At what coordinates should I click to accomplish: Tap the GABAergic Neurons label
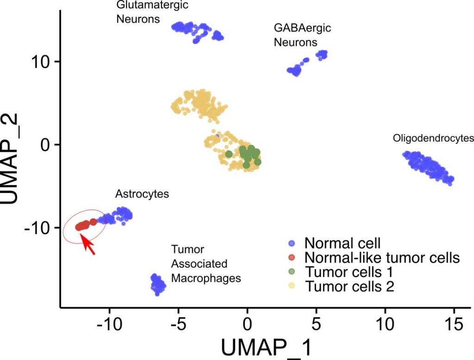point(302,35)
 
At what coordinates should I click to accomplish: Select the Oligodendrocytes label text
point(433,138)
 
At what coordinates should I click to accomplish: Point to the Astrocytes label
point(142,194)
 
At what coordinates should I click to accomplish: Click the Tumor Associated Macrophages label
point(206,264)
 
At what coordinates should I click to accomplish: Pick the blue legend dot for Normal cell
point(292,243)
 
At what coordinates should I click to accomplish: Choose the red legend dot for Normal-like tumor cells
point(292,257)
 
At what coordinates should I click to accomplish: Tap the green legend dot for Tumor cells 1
point(292,272)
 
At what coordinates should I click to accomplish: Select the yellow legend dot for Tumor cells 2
point(292,286)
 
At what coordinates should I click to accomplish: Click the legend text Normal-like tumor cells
point(382,257)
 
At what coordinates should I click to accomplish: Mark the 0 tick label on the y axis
point(45,144)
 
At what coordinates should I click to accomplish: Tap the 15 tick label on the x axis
point(453,323)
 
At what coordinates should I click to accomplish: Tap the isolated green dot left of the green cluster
point(229,154)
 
